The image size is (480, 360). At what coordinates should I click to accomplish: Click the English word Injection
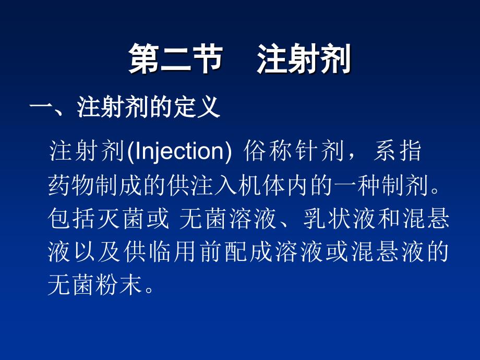tap(179, 152)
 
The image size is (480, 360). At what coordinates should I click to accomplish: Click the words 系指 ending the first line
tap(398, 152)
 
